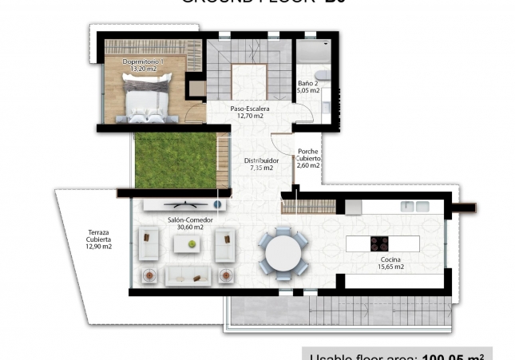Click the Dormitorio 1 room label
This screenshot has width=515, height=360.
(143, 61)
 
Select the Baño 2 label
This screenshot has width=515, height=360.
(308, 82)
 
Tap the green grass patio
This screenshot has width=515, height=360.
(175, 160)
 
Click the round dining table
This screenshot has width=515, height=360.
(283, 253)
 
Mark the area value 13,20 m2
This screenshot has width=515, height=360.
(143, 69)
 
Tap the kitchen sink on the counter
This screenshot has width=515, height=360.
(413, 206)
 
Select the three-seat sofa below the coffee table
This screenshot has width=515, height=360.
(188, 276)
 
